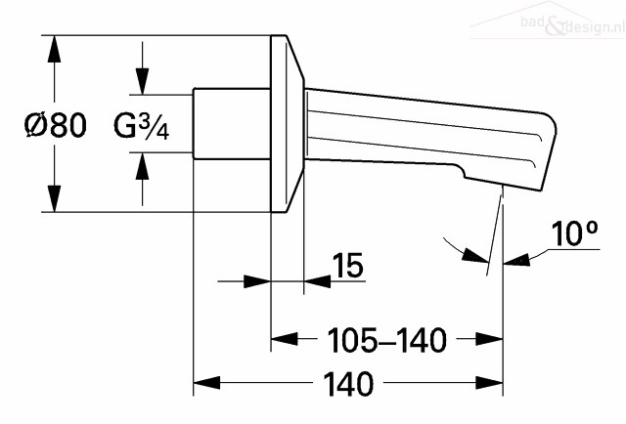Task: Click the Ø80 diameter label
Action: click(55, 124)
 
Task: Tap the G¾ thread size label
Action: click(141, 126)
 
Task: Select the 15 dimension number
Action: click(348, 265)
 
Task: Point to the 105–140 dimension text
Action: click(386, 340)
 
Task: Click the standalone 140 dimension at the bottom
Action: click(348, 384)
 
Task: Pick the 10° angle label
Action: click(575, 233)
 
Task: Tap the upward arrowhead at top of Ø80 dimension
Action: click(55, 49)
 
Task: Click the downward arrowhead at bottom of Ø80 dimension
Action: click(55, 198)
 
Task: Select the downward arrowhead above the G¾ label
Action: click(142, 81)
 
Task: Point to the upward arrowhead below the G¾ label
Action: click(142, 165)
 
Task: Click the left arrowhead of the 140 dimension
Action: click(206, 383)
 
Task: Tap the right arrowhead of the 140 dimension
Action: click(489, 383)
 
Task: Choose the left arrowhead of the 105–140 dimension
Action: click(285, 339)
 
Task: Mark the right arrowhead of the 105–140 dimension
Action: click(489, 339)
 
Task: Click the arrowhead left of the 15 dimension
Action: click(257, 281)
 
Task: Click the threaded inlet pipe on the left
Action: click(232, 124)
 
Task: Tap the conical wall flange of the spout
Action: click(287, 124)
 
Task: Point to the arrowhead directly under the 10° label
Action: click(516, 261)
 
